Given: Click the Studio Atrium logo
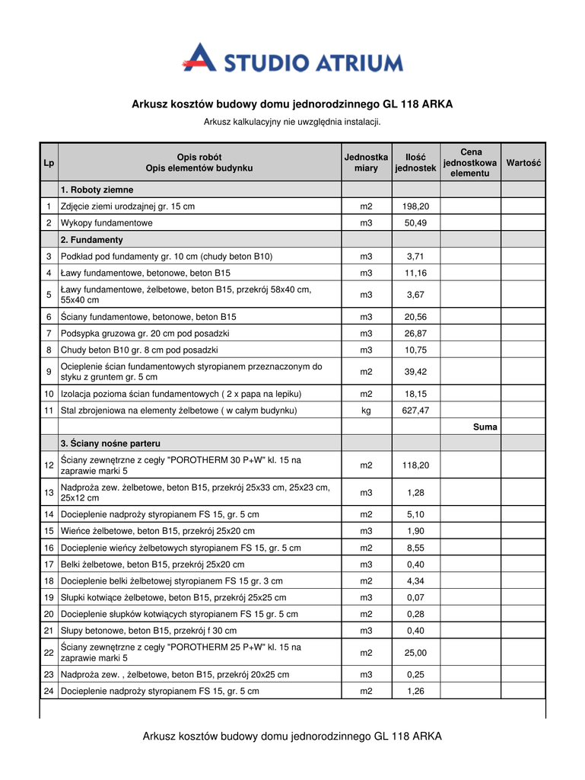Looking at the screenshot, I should pyautogui.click(x=292, y=58).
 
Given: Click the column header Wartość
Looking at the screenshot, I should pyautogui.click(x=523, y=163).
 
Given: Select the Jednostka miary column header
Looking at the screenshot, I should pyautogui.click(x=366, y=163).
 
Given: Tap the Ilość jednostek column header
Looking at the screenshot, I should pyautogui.click(x=415, y=163).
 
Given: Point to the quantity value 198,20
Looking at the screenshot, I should pyautogui.click(x=415, y=206).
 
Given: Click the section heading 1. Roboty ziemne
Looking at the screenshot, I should pyautogui.click(x=97, y=190).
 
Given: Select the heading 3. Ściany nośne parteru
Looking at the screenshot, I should pyautogui.click(x=110, y=443).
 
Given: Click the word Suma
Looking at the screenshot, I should pyautogui.click(x=485, y=427).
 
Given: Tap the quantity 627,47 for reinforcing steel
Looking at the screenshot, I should pyautogui.click(x=415, y=411).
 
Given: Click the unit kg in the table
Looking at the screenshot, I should pyautogui.click(x=366, y=411).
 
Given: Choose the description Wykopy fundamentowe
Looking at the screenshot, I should pyautogui.click(x=107, y=223).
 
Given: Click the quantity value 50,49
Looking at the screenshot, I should pyautogui.click(x=415, y=223).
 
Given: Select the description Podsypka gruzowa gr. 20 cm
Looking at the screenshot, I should pyautogui.click(x=145, y=334).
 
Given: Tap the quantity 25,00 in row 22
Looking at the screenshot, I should pyautogui.click(x=415, y=653).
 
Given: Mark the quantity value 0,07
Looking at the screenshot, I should pyautogui.click(x=415, y=597).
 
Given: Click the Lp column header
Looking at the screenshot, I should pyautogui.click(x=49, y=163).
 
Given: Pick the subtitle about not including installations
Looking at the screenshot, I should pyautogui.click(x=292, y=122).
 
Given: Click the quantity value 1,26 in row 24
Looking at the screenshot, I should pyautogui.click(x=415, y=692).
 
